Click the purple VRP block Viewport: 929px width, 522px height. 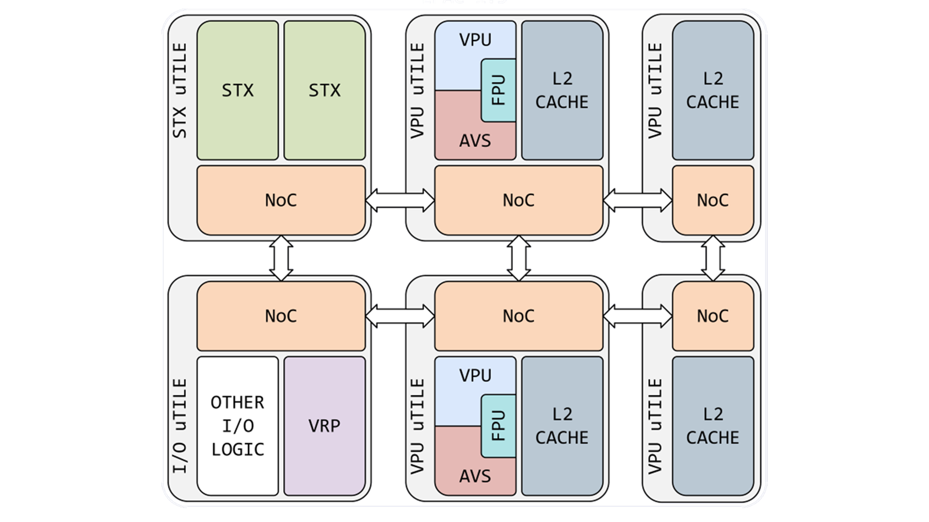click(x=324, y=426)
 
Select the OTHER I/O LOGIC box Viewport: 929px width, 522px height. click(x=238, y=426)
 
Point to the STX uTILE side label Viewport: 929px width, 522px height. click(x=180, y=90)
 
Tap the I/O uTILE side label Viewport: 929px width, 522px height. click(x=180, y=426)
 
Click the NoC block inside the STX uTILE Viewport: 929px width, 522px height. click(x=281, y=200)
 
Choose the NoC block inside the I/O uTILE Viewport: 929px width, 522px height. click(x=281, y=316)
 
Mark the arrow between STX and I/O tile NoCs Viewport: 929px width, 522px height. click(x=281, y=258)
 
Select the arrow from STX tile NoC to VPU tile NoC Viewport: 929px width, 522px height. click(x=400, y=200)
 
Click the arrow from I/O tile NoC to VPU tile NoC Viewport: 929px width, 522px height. click(x=400, y=317)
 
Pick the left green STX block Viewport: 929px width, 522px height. click(x=238, y=90)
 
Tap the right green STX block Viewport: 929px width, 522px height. click(x=324, y=90)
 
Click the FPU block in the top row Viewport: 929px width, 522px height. click(x=498, y=90)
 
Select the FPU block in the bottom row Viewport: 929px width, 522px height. click(x=498, y=426)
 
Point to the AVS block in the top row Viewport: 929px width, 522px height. click(x=460, y=135)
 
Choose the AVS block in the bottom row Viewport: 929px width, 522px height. click(x=460, y=471)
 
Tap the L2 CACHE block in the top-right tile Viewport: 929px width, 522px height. click(x=713, y=90)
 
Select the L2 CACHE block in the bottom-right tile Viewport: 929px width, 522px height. click(x=713, y=426)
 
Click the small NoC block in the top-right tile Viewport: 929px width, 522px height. click(x=713, y=200)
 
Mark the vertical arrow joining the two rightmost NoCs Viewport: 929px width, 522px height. click(x=713, y=258)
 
